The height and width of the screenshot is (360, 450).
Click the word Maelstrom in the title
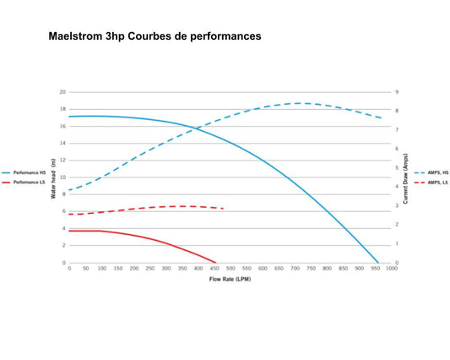75,36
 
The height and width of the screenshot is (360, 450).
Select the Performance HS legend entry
24,172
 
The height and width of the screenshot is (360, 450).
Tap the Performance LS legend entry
24,183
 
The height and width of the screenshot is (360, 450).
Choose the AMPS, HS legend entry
431,172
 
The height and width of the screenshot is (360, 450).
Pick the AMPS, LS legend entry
431,183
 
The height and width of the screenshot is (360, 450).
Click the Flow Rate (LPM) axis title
230,279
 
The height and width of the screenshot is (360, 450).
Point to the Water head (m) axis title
53,178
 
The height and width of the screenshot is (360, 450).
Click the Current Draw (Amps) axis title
405,178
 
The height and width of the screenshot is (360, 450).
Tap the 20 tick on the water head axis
62,92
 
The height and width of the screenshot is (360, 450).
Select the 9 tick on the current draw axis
397,92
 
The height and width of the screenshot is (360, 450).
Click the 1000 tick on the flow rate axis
392,269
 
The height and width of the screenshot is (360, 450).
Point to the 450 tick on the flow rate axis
214,269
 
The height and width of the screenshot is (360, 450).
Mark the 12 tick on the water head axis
62,160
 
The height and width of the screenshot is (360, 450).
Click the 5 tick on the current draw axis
397,167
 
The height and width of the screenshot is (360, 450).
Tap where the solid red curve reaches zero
215,263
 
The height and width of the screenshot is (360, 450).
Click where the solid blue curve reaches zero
378,263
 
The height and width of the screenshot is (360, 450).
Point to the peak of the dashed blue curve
299,103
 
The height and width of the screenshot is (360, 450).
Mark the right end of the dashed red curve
223,208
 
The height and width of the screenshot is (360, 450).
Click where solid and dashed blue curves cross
195,128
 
